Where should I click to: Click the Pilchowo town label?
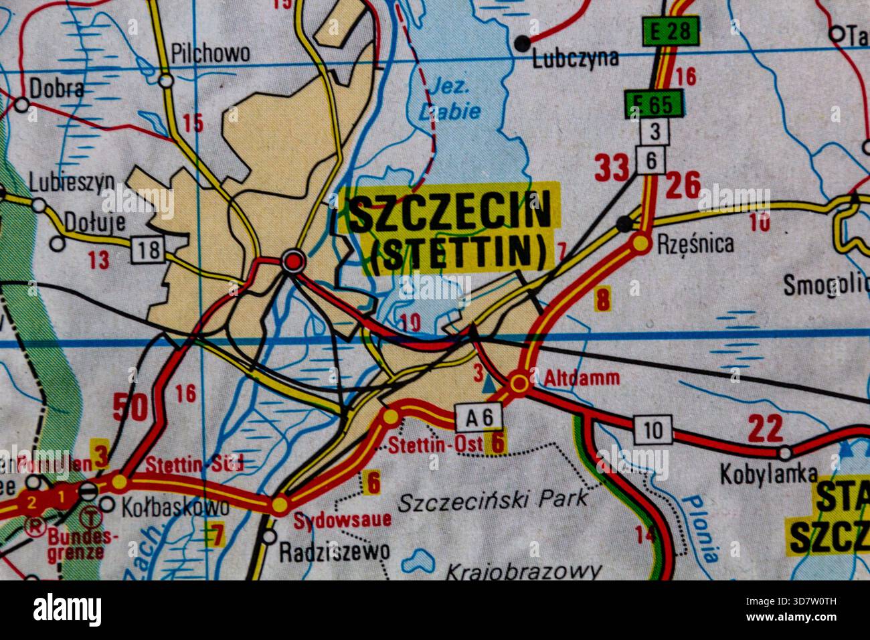(x=210, y=53)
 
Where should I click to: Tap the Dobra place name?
(x=57, y=88)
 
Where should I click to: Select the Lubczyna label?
(x=575, y=59)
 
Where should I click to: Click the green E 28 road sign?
(x=671, y=31)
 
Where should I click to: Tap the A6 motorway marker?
(x=478, y=417)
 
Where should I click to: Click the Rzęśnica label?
(x=695, y=243)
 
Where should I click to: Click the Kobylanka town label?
(x=768, y=474)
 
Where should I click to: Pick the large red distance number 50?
(x=129, y=407)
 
